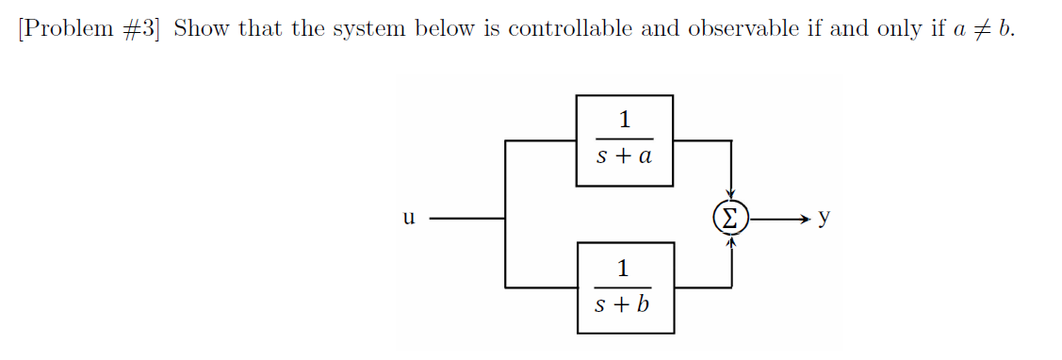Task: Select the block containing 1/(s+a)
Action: click(x=624, y=139)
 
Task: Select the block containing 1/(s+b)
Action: click(x=624, y=287)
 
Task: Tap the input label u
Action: click(x=408, y=219)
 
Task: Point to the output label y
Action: click(x=824, y=218)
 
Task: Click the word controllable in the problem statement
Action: click(x=571, y=28)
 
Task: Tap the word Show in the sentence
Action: click(x=202, y=28)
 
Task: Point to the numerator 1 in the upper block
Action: click(x=624, y=120)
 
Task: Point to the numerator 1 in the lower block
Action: click(x=623, y=268)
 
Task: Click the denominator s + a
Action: click(x=624, y=157)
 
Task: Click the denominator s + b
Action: click(x=623, y=305)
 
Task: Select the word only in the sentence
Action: click(x=903, y=28)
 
